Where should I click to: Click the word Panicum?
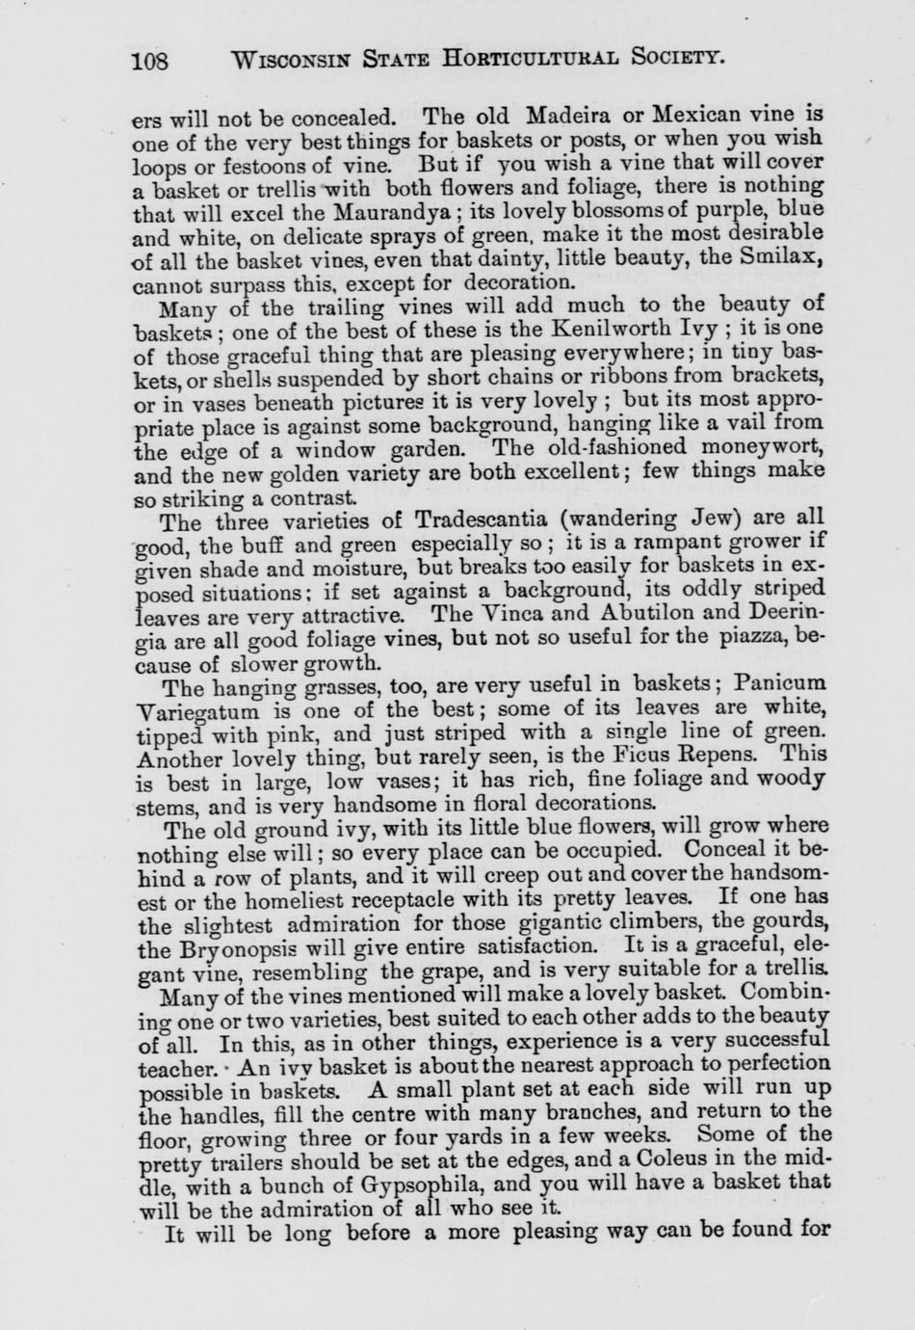780,683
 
